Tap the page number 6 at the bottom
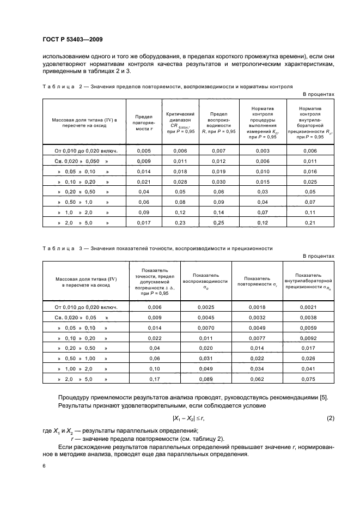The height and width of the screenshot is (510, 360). pos(44,467)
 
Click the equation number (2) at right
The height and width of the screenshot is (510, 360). pos(330,418)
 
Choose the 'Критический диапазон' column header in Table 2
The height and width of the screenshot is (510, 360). pos(179,123)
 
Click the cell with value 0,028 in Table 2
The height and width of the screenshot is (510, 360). pos(179,181)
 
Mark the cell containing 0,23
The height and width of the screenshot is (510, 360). pos(179,223)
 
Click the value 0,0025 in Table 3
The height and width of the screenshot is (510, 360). pos(205,307)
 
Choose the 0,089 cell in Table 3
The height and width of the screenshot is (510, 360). pos(205,379)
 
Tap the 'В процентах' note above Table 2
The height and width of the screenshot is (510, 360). pos(319,94)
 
